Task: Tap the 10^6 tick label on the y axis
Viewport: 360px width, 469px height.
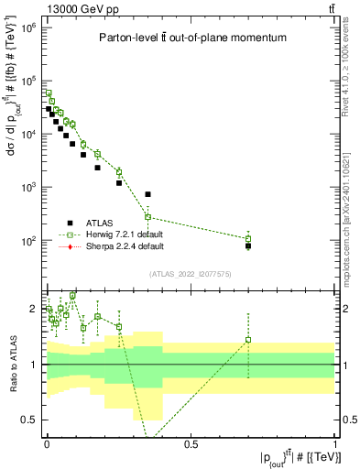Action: click(x=28, y=27)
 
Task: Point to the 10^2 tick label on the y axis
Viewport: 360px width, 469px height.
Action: click(x=28, y=241)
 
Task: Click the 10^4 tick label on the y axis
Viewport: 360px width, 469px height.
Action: click(x=28, y=134)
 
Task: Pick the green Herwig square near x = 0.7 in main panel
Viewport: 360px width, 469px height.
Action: click(x=248, y=239)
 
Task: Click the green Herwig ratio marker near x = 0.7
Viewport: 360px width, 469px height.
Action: click(x=248, y=340)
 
